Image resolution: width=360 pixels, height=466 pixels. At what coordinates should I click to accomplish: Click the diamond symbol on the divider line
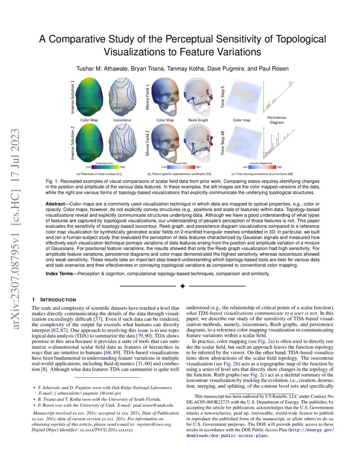(x=182, y=286)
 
